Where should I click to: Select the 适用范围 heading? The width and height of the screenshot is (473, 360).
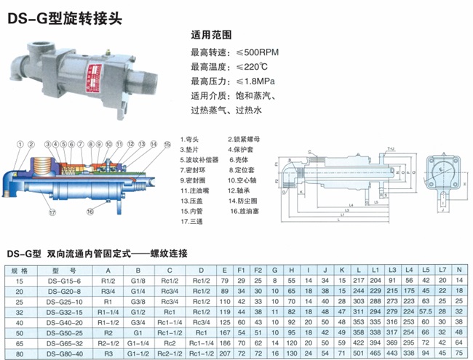[x=210, y=33]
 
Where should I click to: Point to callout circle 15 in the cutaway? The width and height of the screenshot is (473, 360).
[x=167, y=145]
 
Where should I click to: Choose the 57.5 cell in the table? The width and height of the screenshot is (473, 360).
[x=426, y=311]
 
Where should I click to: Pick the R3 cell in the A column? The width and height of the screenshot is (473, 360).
[x=110, y=352]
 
